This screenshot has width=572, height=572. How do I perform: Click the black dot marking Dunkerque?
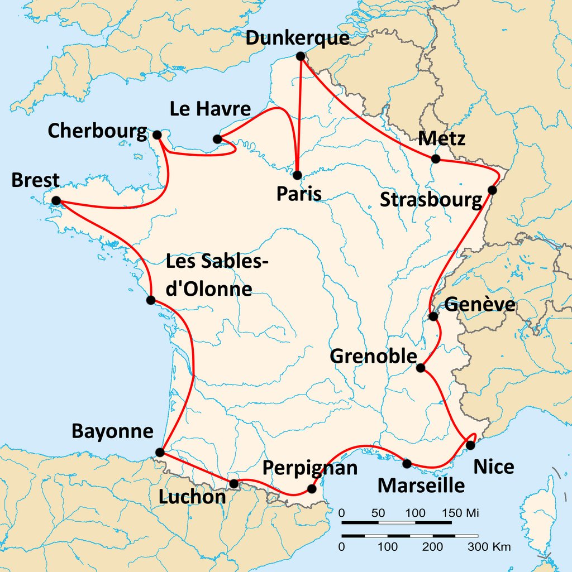click(301, 56)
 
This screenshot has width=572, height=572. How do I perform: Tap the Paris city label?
click(299, 194)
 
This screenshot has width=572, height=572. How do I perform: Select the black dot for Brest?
click(56, 200)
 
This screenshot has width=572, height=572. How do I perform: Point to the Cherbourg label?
click(97, 131)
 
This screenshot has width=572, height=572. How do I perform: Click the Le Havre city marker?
click(217, 139)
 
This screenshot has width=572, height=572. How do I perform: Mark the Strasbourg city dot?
click(492, 190)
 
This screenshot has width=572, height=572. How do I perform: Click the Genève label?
click(479, 305)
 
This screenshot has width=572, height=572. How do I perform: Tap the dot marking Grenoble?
click(421, 368)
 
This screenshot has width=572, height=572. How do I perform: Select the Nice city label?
click(493, 467)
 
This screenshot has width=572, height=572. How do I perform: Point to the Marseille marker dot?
click(407, 463)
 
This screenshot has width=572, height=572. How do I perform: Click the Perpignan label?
click(310, 468)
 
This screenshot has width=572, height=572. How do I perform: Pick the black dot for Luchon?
click(233, 483)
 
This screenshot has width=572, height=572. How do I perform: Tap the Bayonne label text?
click(112, 431)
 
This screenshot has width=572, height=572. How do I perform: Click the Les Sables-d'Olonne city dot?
click(150, 300)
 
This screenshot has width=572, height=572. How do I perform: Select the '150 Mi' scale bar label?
click(460, 512)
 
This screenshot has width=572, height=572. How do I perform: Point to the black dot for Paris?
click(297, 175)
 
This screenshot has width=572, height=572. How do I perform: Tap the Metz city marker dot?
click(436, 159)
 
